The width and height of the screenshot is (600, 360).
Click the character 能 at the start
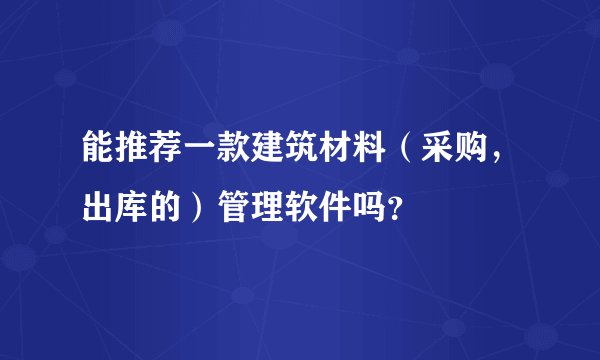pyautogui.click(x=98, y=154)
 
